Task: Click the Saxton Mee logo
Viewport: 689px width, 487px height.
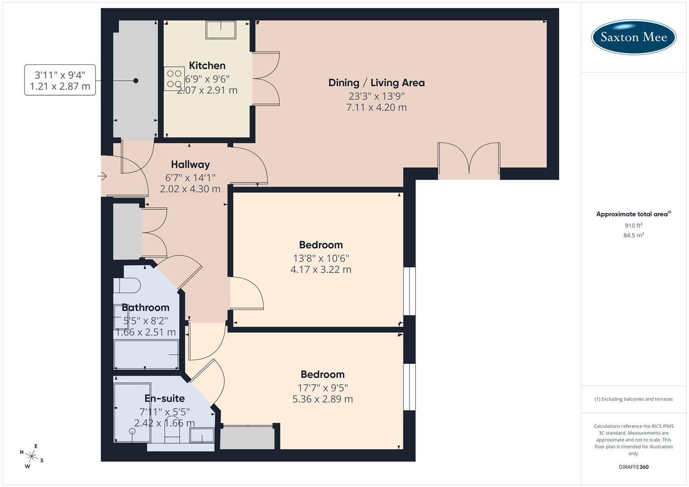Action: coord(634,37)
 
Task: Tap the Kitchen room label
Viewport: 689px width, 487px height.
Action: coord(207,66)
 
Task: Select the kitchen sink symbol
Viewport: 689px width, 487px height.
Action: coord(221,30)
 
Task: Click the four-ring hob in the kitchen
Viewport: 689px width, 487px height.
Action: coord(174,78)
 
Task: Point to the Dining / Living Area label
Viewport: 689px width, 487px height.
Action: coord(376,83)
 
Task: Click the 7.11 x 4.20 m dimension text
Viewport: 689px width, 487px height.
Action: coord(376,108)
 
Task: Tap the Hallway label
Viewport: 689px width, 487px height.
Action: coord(190,165)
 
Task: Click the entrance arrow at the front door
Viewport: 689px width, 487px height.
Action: coord(103,176)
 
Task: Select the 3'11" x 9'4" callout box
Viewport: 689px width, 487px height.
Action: coord(60,80)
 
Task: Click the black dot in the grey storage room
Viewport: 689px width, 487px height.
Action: coord(136,81)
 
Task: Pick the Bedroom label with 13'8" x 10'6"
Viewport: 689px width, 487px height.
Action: coord(321,245)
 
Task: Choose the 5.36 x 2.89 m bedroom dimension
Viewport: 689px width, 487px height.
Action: coord(322,399)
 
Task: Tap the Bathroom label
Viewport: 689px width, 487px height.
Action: coord(145,308)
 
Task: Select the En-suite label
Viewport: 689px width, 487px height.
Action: coord(164,399)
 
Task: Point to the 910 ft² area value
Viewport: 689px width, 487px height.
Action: coord(634,225)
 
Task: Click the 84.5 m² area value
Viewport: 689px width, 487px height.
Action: coord(634,235)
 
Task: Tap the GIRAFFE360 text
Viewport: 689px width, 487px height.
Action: coord(634,467)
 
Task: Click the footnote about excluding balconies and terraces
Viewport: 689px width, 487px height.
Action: coord(634,399)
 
